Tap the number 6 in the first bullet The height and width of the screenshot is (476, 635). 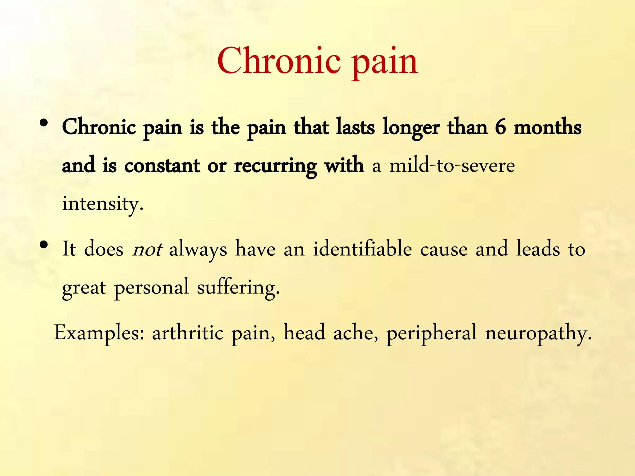500,127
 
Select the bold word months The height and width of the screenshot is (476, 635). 548,127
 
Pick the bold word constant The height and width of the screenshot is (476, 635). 162,165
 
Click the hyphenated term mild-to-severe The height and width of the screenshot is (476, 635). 452,165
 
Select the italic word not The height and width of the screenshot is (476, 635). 147,249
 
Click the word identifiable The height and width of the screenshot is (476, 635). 362,248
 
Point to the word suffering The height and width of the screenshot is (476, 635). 238,287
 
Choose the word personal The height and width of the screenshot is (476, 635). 152,287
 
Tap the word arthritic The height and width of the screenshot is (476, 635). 188,333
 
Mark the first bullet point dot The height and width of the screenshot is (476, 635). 44,123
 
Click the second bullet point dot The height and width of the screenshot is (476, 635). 44,245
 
